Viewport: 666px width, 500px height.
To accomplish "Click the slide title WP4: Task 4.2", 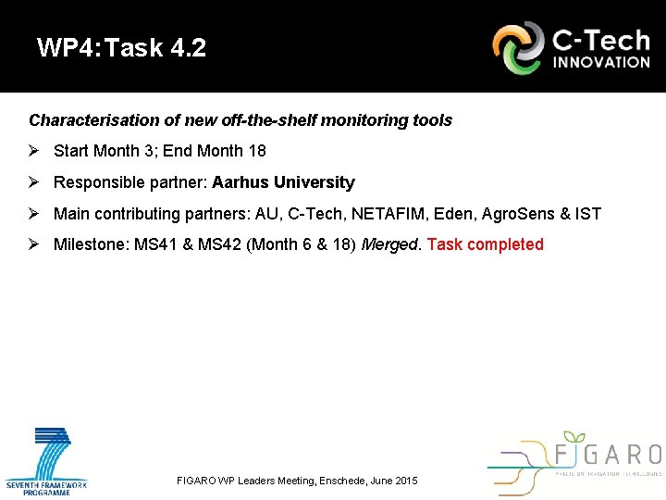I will coord(122,48).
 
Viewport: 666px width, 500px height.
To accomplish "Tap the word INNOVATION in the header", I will coord(601,63).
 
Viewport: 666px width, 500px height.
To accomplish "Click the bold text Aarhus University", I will coord(283,182).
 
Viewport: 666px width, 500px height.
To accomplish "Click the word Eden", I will coord(457,214).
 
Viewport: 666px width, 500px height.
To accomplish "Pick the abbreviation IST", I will coord(588,214).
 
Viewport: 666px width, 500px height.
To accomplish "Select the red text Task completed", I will coord(486,244).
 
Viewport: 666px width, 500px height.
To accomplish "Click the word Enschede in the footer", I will coord(342,481).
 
